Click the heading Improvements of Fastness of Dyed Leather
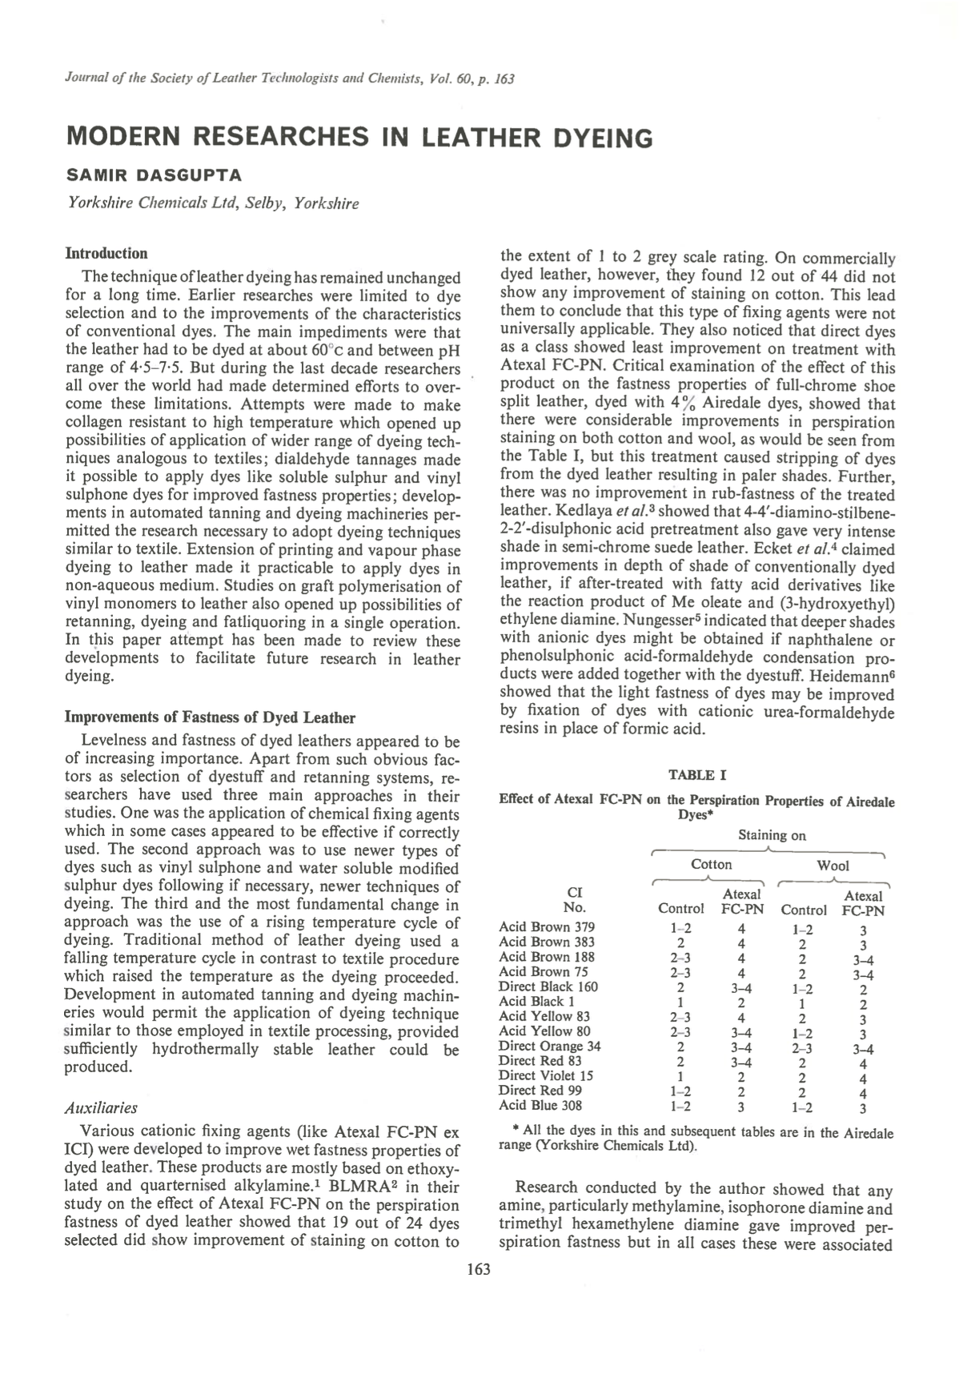pos(209,717)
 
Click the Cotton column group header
pos(711,864)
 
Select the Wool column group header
pos(833,865)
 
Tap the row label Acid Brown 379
pos(546,927)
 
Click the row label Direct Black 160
pos(548,986)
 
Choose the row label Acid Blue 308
pos(540,1106)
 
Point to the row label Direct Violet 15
pos(545,1075)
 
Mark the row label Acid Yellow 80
pos(544,1030)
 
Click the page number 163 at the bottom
pos(478,1269)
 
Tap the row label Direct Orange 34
pos(549,1046)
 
